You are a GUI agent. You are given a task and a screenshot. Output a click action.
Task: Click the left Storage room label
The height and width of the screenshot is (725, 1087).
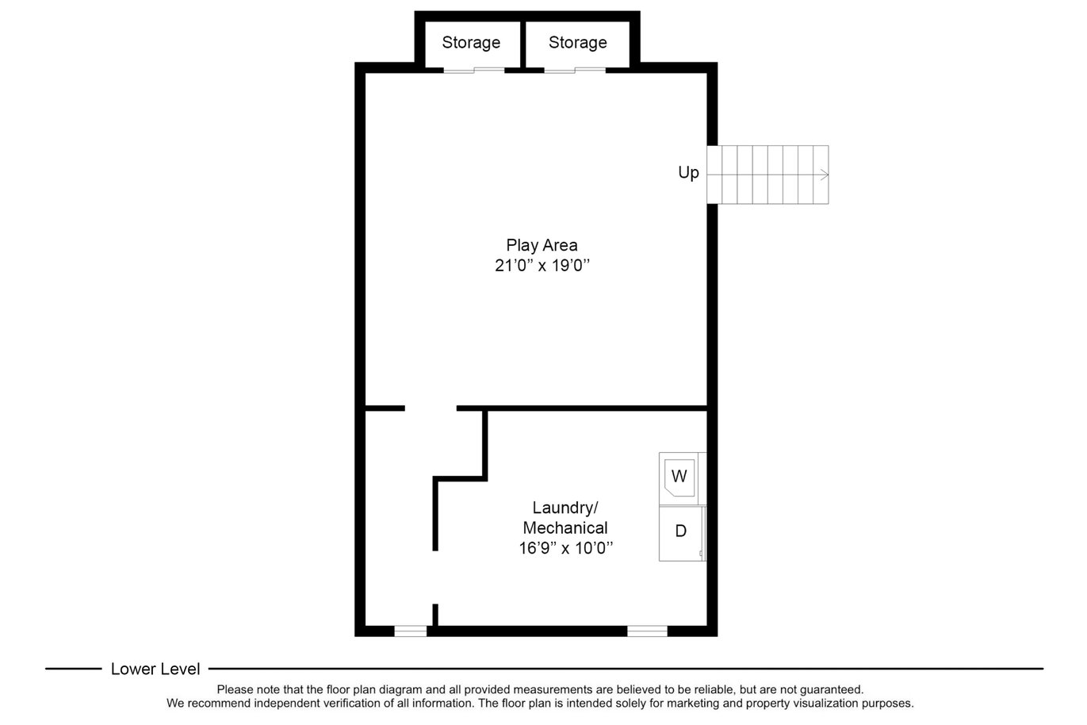471,43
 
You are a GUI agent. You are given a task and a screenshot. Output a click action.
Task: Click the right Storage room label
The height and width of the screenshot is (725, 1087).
577,43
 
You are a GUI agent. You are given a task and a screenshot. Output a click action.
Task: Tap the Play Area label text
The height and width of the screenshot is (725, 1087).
542,245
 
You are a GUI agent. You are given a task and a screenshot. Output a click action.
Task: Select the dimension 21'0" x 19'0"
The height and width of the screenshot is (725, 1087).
542,266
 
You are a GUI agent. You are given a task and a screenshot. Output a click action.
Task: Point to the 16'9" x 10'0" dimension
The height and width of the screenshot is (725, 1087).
566,548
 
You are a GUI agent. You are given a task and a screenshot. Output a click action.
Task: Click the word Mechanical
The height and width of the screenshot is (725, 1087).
565,527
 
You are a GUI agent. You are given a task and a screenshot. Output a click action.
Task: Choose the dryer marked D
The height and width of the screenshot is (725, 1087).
681,533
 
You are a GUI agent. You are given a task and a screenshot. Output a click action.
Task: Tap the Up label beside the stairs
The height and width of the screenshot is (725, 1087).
688,173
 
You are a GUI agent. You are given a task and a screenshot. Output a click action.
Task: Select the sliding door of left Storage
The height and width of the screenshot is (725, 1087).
474,71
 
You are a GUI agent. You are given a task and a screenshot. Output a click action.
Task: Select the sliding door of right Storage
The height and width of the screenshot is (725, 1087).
575,71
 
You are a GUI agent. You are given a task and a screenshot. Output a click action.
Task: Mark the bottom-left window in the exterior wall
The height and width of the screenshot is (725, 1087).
410,631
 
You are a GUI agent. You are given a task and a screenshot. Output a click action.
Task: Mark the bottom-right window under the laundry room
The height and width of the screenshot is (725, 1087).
647,631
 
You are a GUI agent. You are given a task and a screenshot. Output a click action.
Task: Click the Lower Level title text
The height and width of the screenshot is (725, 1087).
155,669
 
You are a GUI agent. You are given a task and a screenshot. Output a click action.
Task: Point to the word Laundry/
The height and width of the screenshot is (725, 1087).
565,508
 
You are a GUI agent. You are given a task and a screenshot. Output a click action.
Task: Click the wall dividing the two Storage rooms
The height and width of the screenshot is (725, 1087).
523,44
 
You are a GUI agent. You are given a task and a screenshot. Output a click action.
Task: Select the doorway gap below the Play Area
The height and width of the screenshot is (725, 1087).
431,409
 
